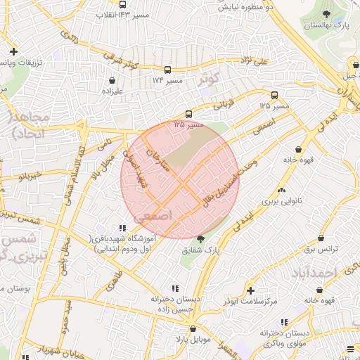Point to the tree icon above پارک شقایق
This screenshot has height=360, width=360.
tap(200, 239)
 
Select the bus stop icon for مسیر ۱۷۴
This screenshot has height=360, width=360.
tap(167, 70)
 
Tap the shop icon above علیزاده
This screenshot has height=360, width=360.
tap(112, 80)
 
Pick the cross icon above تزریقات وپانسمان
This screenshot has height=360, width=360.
tap(14, 52)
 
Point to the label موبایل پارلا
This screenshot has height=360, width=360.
tap(193, 339)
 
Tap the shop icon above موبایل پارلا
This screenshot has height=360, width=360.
tap(193, 328)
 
